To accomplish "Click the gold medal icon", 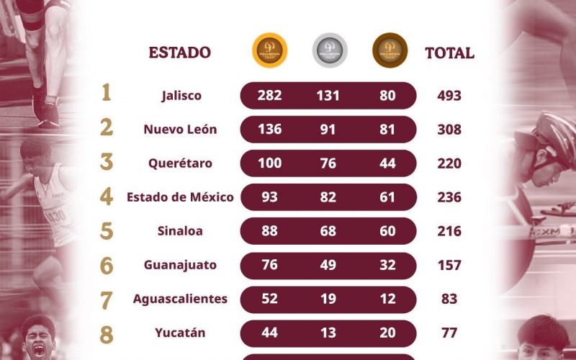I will (270, 51).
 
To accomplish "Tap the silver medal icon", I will (330, 51).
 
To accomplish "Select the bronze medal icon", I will (390, 51).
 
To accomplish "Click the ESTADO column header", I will (180, 53).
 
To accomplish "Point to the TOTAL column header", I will (449, 53).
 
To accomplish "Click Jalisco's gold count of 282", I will (269, 96).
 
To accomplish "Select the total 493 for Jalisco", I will (449, 96).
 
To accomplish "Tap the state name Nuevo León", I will (180, 130).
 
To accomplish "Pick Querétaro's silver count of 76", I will (328, 163).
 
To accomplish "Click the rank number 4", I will (107, 197).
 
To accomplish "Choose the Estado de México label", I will (180, 197).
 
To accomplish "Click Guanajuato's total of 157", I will (449, 265).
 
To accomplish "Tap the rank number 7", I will (107, 299).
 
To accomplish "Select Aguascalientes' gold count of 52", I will (269, 299).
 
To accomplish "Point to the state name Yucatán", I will (180, 333).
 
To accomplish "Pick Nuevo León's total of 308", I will (449, 130).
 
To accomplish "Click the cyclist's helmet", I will (558, 133).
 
